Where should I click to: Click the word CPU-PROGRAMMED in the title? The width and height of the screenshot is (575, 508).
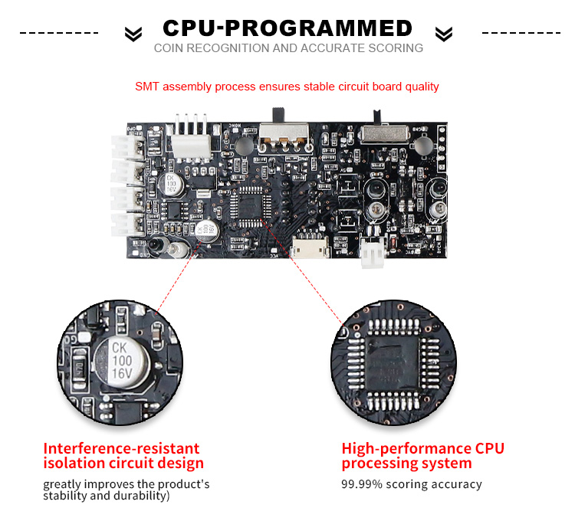287,29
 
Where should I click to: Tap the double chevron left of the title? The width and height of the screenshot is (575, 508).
133,34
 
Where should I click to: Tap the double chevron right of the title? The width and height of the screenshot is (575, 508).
443,34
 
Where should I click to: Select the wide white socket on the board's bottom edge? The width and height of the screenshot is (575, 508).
310,249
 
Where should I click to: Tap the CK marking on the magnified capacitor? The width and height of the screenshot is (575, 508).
119,347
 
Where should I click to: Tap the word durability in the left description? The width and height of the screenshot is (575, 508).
140,495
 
